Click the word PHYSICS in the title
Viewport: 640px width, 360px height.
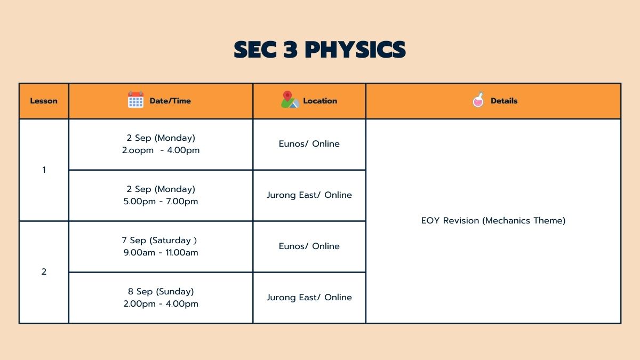point(355,50)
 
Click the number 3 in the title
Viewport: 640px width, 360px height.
point(291,50)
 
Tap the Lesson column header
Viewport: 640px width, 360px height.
point(44,101)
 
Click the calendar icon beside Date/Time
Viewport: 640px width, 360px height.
point(135,99)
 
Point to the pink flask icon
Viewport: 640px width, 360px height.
point(478,99)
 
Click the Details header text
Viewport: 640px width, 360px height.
point(504,101)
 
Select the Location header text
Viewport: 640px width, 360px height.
point(320,101)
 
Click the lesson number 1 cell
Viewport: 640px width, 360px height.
point(44,170)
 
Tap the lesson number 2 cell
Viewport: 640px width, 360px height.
point(44,271)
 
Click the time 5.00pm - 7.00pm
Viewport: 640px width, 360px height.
point(161,202)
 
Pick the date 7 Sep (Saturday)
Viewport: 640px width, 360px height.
point(159,241)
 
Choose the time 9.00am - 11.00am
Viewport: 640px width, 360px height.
point(161,253)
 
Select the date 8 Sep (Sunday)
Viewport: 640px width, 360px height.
point(161,291)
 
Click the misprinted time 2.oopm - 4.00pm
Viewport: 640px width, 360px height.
point(161,150)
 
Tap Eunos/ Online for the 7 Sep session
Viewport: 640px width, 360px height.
point(309,246)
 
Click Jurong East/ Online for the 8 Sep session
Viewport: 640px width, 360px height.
point(309,298)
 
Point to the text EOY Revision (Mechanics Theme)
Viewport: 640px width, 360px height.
point(493,221)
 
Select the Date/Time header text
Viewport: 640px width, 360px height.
point(170,101)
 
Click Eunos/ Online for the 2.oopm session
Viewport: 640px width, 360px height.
point(309,143)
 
